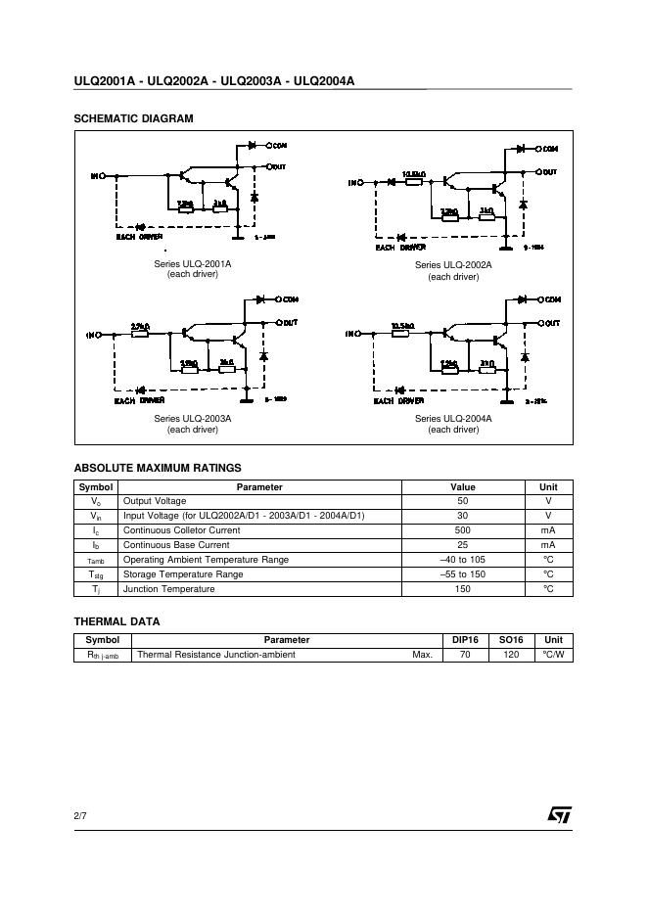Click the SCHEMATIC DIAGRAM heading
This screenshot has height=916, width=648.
click(x=133, y=118)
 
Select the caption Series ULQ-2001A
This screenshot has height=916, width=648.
click(x=192, y=264)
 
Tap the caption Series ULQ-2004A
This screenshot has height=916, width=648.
click(x=453, y=419)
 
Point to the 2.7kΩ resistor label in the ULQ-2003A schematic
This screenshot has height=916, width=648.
click(x=139, y=326)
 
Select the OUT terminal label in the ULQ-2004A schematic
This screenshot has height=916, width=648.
click(x=552, y=323)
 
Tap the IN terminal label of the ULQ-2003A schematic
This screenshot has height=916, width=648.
click(x=94, y=335)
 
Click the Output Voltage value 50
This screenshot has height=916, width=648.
click(x=462, y=501)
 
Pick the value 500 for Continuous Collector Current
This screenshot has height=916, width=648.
click(x=462, y=530)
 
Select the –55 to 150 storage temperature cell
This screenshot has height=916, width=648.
click(x=462, y=574)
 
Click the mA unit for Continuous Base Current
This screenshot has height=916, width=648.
click(x=547, y=545)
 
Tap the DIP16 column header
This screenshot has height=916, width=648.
click(x=465, y=640)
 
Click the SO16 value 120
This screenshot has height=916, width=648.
click(x=510, y=655)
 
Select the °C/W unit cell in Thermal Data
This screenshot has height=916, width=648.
click(x=553, y=655)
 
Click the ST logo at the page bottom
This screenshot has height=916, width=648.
click(x=559, y=815)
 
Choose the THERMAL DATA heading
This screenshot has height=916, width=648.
click(x=116, y=621)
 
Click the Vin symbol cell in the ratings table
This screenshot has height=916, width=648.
click(x=96, y=516)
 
